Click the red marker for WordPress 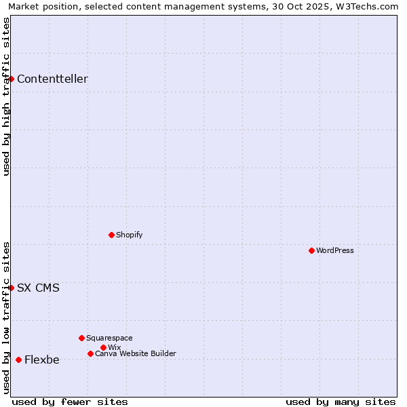tap(311, 250)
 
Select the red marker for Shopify tap(111, 235)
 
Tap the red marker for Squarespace tap(81, 338)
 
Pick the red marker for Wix tap(103, 347)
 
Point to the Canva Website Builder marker tap(90, 353)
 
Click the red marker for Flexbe tap(18, 360)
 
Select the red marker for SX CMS tap(11, 288)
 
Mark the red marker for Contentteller tap(11, 79)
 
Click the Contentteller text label tap(52, 79)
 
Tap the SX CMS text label tap(38, 288)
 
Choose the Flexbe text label tap(41, 360)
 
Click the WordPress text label tap(335, 250)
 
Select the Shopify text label tap(129, 235)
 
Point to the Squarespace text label tap(109, 338)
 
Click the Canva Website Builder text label tap(136, 353)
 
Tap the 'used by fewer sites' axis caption tap(70, 402)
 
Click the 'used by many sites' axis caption tap(341, 402)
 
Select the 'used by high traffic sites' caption tap(6, 96)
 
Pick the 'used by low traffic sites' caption tap(6, 317)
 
